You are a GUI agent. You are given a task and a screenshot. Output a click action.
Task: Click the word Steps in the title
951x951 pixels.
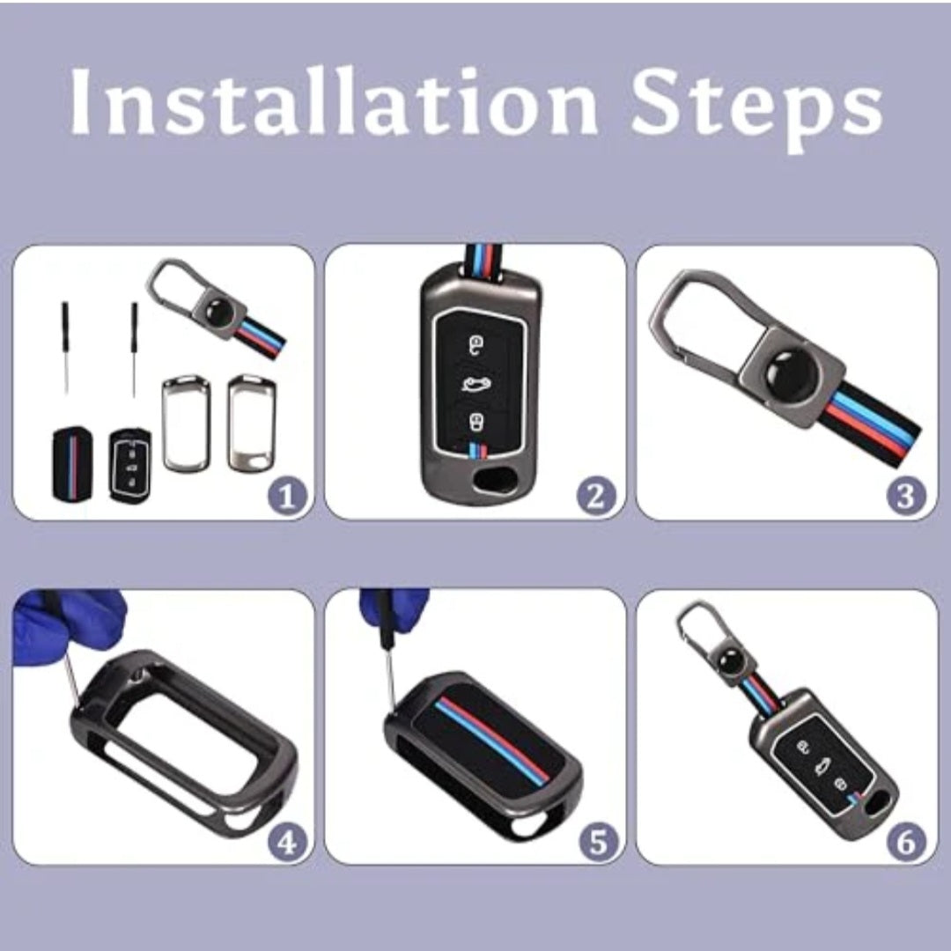point(756,104)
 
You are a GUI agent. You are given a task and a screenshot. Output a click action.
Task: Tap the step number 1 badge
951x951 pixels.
point(287,498)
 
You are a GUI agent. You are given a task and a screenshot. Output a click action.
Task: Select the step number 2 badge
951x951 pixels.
point(596,498)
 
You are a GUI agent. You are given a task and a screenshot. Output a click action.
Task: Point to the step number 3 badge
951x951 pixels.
point(907,498)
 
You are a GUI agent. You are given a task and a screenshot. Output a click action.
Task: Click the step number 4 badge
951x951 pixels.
point(287,843)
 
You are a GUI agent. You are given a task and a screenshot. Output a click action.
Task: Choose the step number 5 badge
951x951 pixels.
point(598,843)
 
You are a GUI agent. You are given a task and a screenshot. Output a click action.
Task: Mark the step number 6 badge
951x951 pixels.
point(907,843)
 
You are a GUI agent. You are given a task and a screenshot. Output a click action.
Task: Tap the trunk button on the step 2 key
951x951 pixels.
point(475,381)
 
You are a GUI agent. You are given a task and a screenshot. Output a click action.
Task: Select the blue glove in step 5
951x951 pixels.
point(394,608)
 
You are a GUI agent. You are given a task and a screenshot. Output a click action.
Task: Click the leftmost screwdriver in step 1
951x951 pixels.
point(65,343)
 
